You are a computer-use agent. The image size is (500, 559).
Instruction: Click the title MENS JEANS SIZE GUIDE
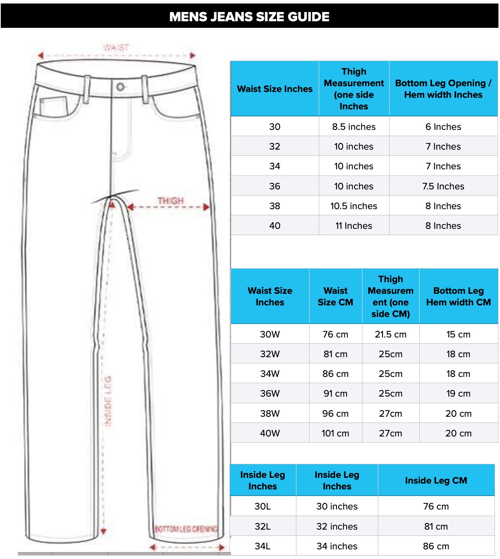tap(249, 17)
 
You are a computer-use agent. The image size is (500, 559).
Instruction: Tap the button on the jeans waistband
tap(121, 87)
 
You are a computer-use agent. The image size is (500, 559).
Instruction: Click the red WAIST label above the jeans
tap(116, 48)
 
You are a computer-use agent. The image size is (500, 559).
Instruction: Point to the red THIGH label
tap(170, 201)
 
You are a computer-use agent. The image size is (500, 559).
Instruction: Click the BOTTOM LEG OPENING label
tap(186, 528)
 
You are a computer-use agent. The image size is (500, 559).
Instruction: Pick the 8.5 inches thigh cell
tap(354, 127)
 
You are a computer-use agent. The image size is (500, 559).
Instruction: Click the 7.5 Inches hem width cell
tap(443, 186)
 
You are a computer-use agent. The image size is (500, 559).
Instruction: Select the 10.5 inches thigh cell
tap(354, 206)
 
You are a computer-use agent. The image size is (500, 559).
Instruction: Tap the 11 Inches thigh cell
tap(354, 226)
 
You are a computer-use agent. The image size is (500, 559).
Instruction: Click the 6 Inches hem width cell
tap(443, 127)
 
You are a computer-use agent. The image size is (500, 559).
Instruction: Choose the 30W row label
tap(270, 334)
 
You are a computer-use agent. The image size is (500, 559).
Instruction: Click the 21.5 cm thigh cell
tap(390, 334)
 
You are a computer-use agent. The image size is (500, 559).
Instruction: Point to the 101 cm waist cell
tap(335, 433)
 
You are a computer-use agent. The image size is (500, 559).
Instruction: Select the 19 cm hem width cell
tap(458, 394)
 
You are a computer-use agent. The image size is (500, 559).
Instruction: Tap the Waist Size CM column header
tap(335, 297)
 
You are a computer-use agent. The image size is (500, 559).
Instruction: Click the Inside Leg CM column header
tap(436, 481)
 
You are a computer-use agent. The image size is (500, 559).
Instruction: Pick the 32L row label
tap(263, 527)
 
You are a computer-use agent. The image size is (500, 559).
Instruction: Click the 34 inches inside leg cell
tap(337, 546)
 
